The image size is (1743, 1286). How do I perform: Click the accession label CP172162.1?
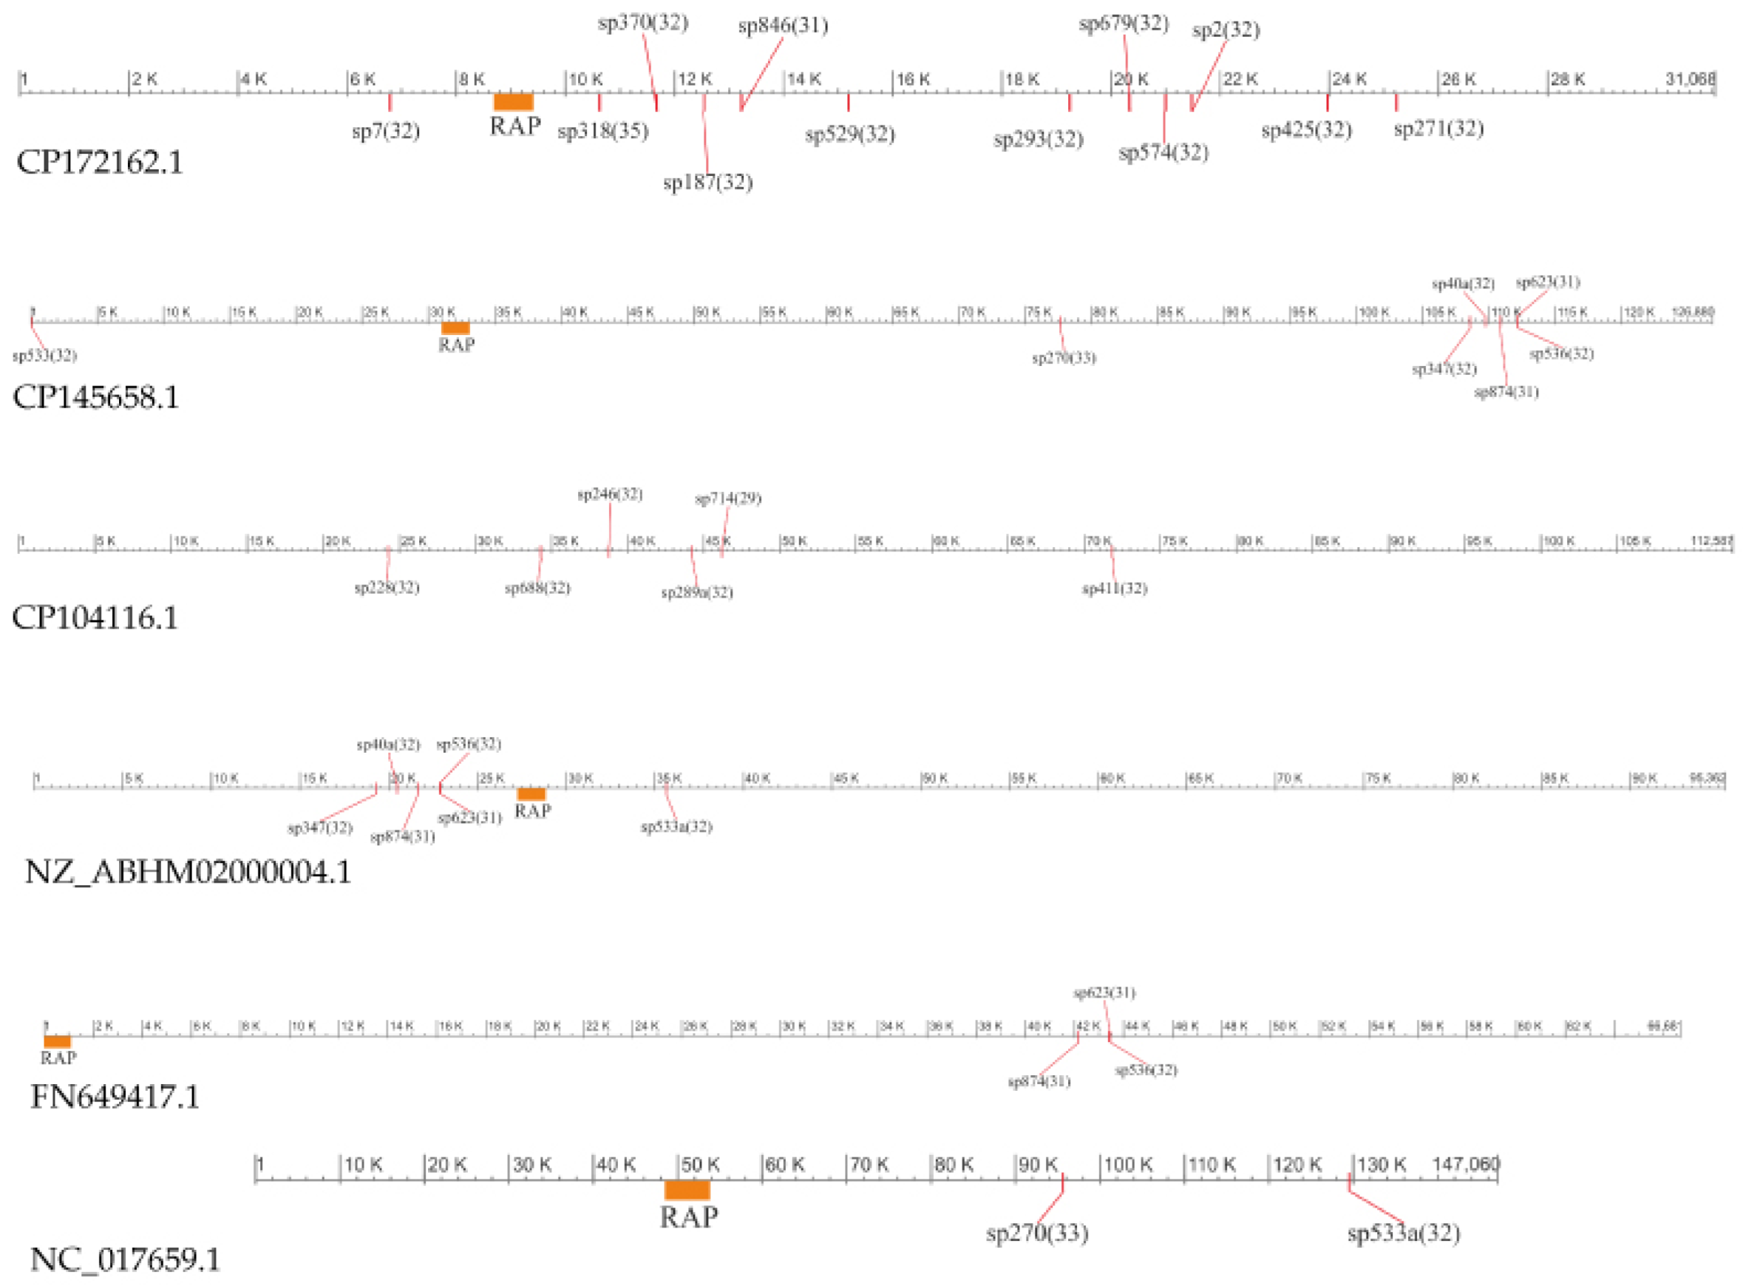pos(100,162)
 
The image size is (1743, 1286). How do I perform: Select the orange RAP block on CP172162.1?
pos(514,102)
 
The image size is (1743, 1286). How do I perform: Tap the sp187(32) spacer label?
pos(707,183)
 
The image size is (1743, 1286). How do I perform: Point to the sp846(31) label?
pos(783,26)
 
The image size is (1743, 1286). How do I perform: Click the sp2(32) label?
pos(1226,30)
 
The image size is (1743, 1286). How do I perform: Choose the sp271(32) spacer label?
pos(1438,129)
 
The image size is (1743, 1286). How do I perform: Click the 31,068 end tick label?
pos(1690,78)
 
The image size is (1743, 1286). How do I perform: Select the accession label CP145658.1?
pos(95,397)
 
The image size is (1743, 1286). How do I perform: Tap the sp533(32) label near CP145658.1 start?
pos(44,356)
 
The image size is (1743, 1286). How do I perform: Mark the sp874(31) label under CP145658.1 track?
pos(1506,393)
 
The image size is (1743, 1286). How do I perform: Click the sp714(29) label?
pos(727,498)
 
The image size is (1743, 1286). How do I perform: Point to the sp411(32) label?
pos(1114,589)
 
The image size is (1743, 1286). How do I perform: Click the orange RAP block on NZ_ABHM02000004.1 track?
pos(531,794)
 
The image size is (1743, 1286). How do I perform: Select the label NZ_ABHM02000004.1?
pos(188,871)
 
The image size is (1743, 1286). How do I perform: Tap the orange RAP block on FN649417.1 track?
pos(58,1041)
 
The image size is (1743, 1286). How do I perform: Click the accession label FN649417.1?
pos(115,1097)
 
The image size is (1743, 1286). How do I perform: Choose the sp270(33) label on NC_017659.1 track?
pos(1036,1233)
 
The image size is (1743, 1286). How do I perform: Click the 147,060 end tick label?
pos(1466,1165)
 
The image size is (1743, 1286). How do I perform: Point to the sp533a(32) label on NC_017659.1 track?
pos(1403,1233)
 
